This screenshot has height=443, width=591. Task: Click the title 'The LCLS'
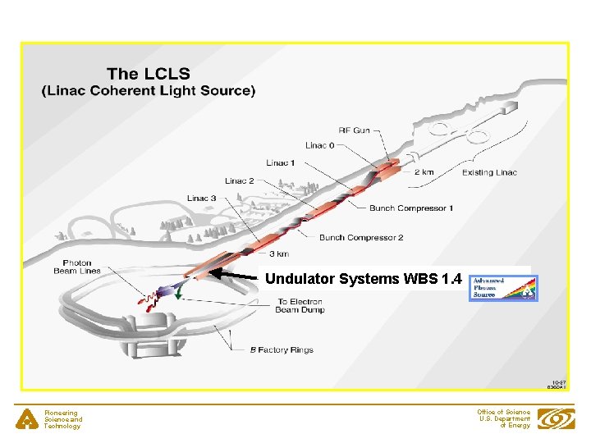[149, 74]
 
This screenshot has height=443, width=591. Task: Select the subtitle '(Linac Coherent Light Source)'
[149, 90]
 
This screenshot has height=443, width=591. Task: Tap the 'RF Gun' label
[354, 130]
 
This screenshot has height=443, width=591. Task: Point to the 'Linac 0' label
[320, 146]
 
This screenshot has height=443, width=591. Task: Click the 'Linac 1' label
[280, 163]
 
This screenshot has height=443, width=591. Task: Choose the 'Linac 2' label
[240, 180]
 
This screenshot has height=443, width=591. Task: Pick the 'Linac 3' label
[201, 198]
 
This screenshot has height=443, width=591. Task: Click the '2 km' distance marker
[425, 172]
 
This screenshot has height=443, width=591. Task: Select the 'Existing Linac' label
[489, 172]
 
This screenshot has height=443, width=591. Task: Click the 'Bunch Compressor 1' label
[410, 208]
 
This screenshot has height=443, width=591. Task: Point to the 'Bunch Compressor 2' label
[361, 238]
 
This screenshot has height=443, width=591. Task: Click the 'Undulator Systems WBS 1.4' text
[364, 279]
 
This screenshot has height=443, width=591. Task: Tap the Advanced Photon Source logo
[502, 287]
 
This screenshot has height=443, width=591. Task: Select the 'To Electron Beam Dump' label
[299, 305]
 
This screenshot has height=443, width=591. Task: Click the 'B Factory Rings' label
[282, 350]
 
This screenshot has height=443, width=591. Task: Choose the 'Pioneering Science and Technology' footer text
[63, 419]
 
